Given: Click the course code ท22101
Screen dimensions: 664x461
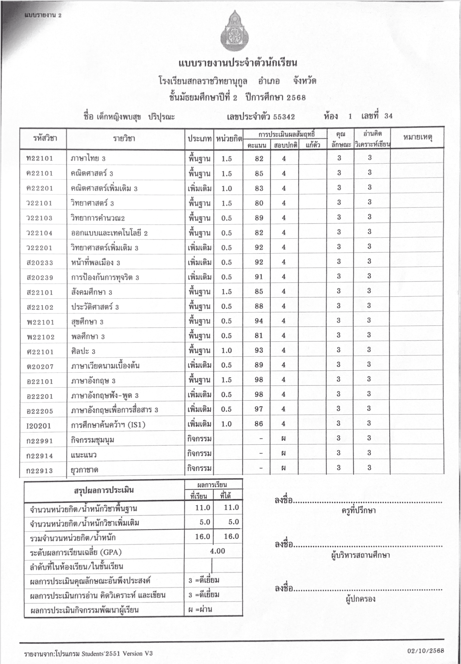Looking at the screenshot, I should pos(40,158).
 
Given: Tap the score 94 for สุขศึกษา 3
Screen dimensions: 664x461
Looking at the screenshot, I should pos(259,321).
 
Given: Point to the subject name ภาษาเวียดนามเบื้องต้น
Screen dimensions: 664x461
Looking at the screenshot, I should pos(105,366).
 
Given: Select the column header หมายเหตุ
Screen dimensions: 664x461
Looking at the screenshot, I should pos(417,138).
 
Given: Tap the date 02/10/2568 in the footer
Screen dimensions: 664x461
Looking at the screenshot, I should pos(426,650).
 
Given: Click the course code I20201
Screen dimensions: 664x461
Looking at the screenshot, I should pos(39,425).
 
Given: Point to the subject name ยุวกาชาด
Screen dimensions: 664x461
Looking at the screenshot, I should pos(85,470).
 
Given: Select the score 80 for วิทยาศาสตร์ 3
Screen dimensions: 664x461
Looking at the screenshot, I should pos(259,203).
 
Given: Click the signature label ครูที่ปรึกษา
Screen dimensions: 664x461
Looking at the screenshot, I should pos(358,510).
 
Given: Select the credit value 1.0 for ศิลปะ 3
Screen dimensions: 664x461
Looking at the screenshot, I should pos(227,351).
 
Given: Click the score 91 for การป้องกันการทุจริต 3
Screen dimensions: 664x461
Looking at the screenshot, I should pos(259,277).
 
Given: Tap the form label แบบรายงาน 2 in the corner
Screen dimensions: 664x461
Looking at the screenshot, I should pos(43,15).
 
